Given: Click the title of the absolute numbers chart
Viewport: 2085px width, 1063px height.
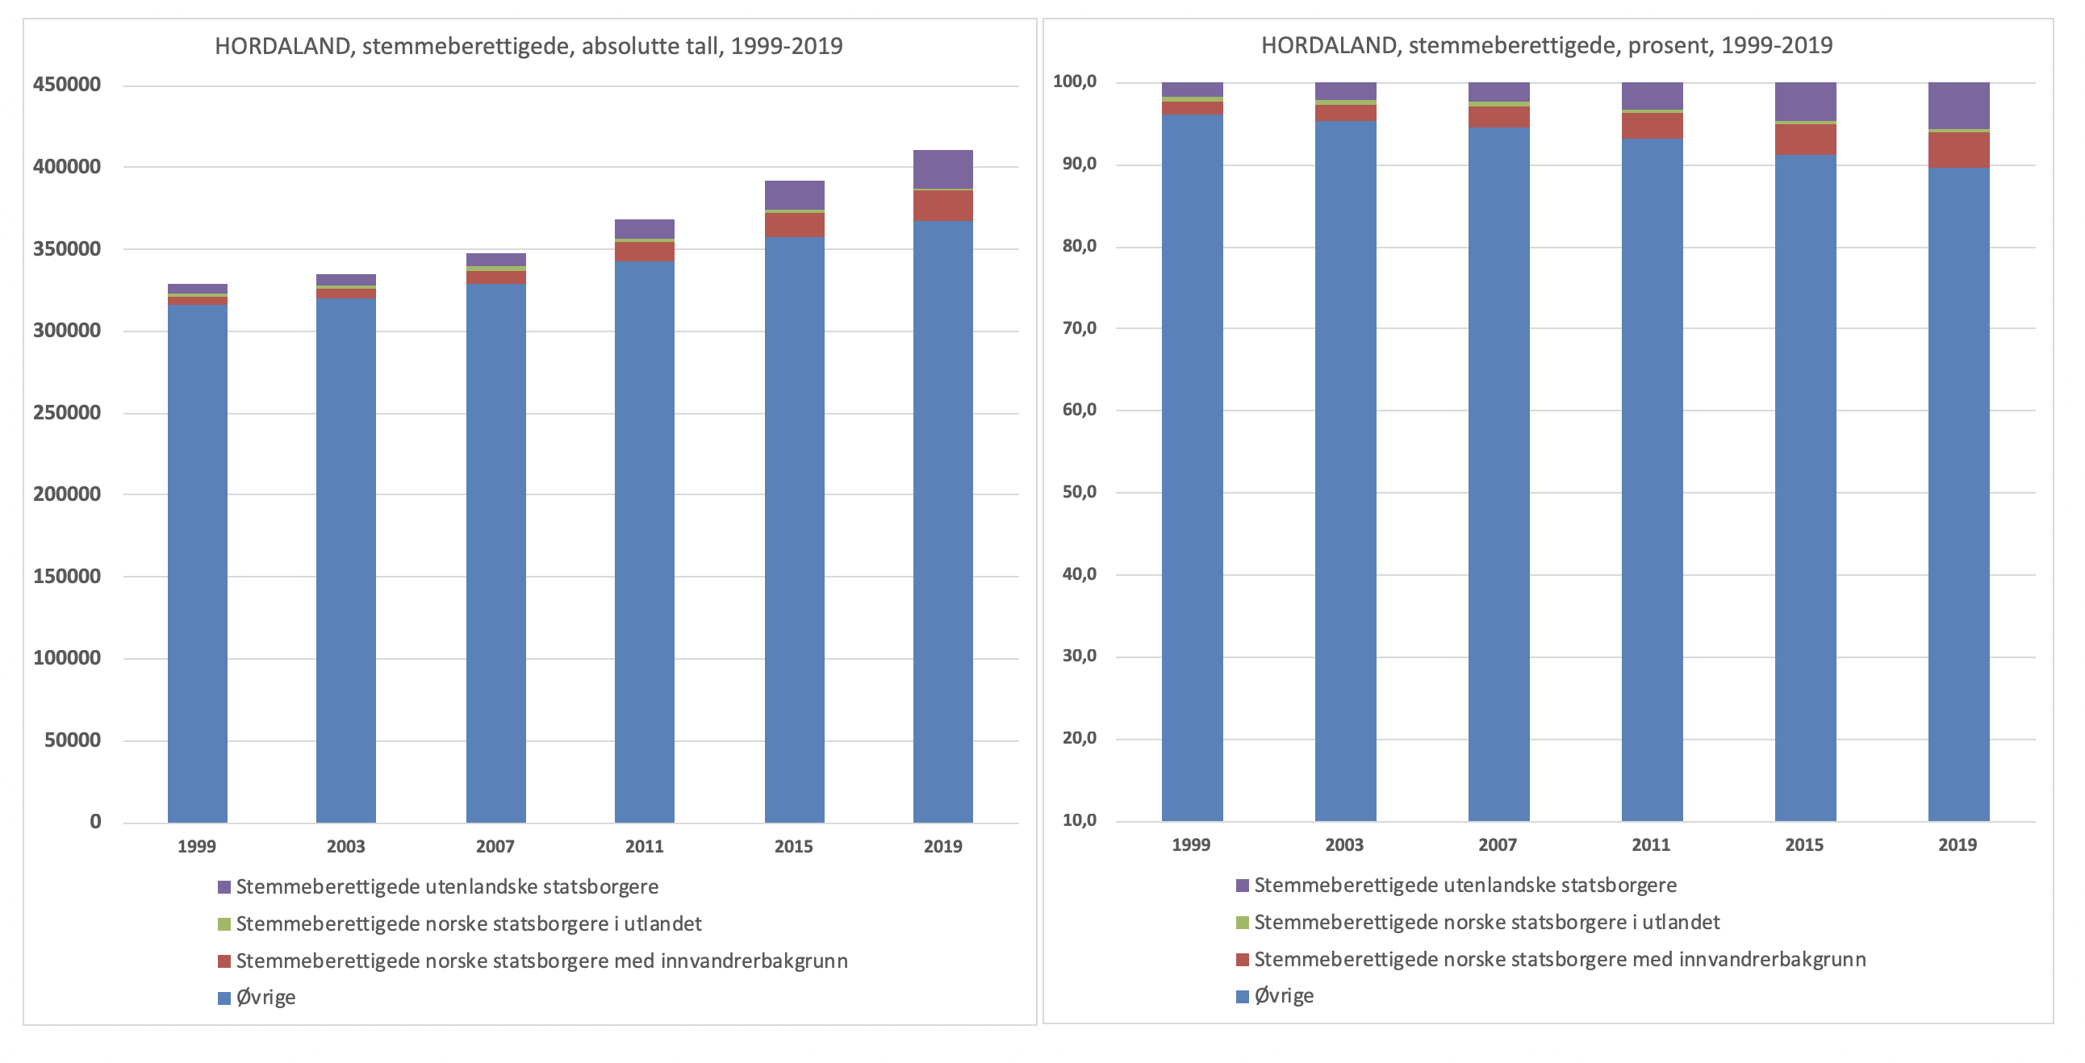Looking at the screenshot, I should [529, 46].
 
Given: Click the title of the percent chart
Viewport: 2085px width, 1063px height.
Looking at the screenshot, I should [1546, 45].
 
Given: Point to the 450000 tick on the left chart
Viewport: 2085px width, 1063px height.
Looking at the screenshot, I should [67, 85].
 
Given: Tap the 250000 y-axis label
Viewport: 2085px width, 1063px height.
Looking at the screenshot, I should [67, 413].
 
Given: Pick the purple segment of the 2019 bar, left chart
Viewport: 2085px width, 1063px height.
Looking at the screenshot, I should [943, 169].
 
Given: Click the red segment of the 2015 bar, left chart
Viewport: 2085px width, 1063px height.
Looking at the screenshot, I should [794, 225].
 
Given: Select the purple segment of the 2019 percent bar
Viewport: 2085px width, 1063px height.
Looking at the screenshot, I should [1958, 105].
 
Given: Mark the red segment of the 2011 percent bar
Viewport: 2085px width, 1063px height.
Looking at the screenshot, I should [1652, 125].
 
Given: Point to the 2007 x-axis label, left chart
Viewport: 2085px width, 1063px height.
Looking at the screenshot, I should [495, 846].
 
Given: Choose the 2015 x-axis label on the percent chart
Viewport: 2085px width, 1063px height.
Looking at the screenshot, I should [1804, 844].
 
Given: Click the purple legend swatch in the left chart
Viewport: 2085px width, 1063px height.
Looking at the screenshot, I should [224, 887].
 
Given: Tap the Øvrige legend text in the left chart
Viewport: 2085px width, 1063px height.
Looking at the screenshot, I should [265, 998].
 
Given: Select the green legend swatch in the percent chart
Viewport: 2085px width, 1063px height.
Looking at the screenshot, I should [1243, 922].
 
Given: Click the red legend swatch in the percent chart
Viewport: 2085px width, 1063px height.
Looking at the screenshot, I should [1243, 960].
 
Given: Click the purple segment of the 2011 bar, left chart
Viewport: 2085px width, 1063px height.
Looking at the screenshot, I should [644, 228].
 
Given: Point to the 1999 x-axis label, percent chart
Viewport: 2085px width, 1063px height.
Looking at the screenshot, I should [1191, 844].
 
